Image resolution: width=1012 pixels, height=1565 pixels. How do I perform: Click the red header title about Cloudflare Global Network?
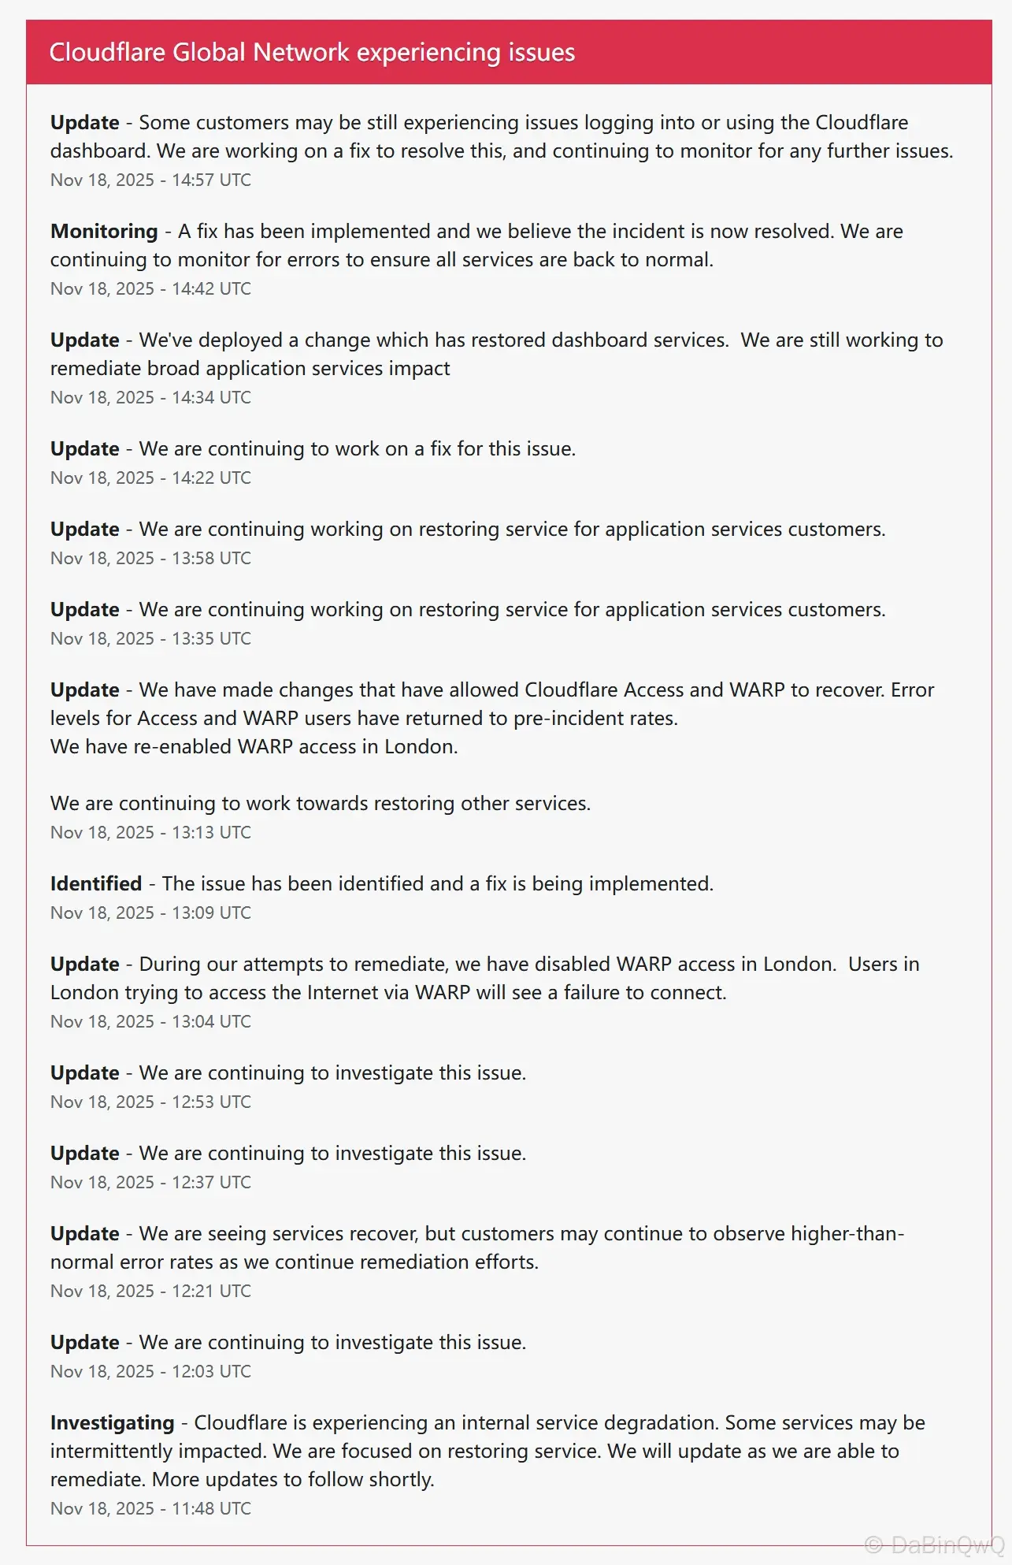(x=312, y=53)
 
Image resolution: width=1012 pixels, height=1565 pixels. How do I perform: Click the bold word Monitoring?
(x=104, y=232)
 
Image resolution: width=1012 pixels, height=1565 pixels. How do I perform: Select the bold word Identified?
(x=96, y=884)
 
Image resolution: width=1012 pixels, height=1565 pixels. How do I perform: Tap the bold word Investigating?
(x=112, y=1423)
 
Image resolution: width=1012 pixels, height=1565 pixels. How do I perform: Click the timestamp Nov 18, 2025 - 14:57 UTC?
(x=150, y=180)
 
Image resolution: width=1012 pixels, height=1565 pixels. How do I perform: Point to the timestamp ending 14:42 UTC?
(x=150, y=289)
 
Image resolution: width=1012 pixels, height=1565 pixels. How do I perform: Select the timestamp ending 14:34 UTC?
(x=150, y=398)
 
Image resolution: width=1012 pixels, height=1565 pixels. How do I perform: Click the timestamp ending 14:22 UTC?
(x=150, y=478)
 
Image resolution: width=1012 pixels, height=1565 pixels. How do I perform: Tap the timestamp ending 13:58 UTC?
(x=150, y=559)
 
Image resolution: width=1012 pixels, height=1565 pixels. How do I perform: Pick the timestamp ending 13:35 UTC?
(x=150, y=639)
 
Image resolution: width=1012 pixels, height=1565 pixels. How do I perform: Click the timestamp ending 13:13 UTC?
(x=150, y=833)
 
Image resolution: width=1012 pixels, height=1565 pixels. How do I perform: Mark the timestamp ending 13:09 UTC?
(x=150, y=913)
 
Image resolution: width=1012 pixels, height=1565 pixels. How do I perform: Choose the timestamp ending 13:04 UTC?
(x=150, y=1022)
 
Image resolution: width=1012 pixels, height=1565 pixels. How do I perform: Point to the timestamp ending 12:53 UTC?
(x=150, y=1102)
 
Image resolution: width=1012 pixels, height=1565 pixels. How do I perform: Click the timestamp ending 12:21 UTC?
(x=150, y=1292)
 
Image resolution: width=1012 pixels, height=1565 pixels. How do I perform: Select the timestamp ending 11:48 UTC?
(x=150, y=1509)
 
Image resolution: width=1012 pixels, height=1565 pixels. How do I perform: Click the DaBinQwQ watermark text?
(x=935, y=1545)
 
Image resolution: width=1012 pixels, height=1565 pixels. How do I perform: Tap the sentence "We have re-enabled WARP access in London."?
(x=254, y=747)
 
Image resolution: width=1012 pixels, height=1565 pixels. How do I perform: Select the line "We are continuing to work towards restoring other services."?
(x=320, y=804)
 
